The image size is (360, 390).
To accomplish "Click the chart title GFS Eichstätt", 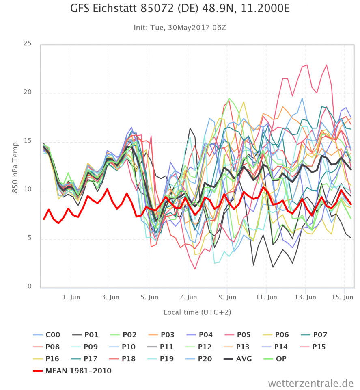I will [180, 9].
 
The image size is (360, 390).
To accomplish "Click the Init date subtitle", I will [180, 28].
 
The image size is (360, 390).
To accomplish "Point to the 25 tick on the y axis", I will [28, 43].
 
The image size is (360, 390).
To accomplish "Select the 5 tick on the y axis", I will [29, 238].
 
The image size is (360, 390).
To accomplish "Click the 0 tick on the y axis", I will [29, 287].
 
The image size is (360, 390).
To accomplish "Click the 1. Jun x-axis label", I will [71, 297].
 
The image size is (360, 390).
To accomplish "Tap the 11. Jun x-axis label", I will [266, 297].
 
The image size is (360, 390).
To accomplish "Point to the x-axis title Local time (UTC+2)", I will [197, 312].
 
